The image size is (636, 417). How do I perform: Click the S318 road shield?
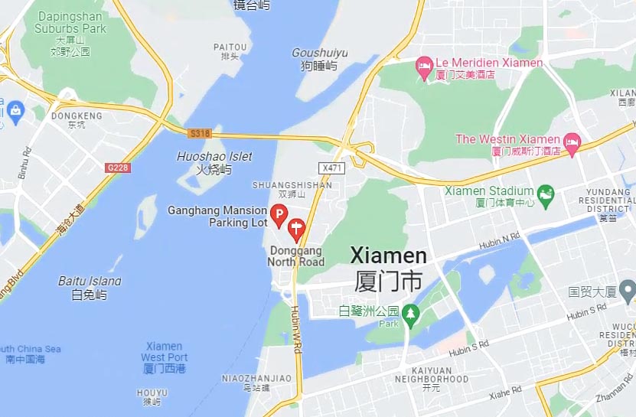click(200, 133)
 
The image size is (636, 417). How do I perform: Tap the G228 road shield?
click(117, 167)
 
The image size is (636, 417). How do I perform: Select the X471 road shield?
click(330, 167)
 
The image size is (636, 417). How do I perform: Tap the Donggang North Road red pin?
click(296, 228)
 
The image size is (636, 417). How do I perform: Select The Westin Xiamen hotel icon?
click(572, 142)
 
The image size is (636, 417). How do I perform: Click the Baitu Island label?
click(90, 287)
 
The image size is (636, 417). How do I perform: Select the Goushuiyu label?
click(319, 59)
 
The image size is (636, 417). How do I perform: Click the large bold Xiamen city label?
click(388, 266)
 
